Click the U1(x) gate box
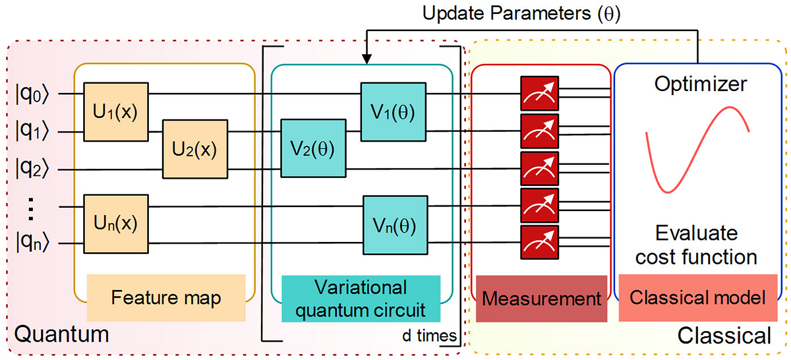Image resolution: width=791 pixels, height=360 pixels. coord(116,112)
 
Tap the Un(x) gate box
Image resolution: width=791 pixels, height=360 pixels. coord(116,224)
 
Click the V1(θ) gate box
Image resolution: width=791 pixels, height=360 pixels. coord(392,112)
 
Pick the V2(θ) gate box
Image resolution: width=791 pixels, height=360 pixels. coord(313,149)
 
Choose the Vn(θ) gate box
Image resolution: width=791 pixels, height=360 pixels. coord(392,225)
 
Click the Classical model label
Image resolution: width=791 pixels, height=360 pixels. coord(697,298)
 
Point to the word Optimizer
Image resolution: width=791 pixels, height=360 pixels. coord(701,84)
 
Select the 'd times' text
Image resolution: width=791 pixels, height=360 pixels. coord(429,336)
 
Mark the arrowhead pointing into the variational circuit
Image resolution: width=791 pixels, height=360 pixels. coord(366,60)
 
